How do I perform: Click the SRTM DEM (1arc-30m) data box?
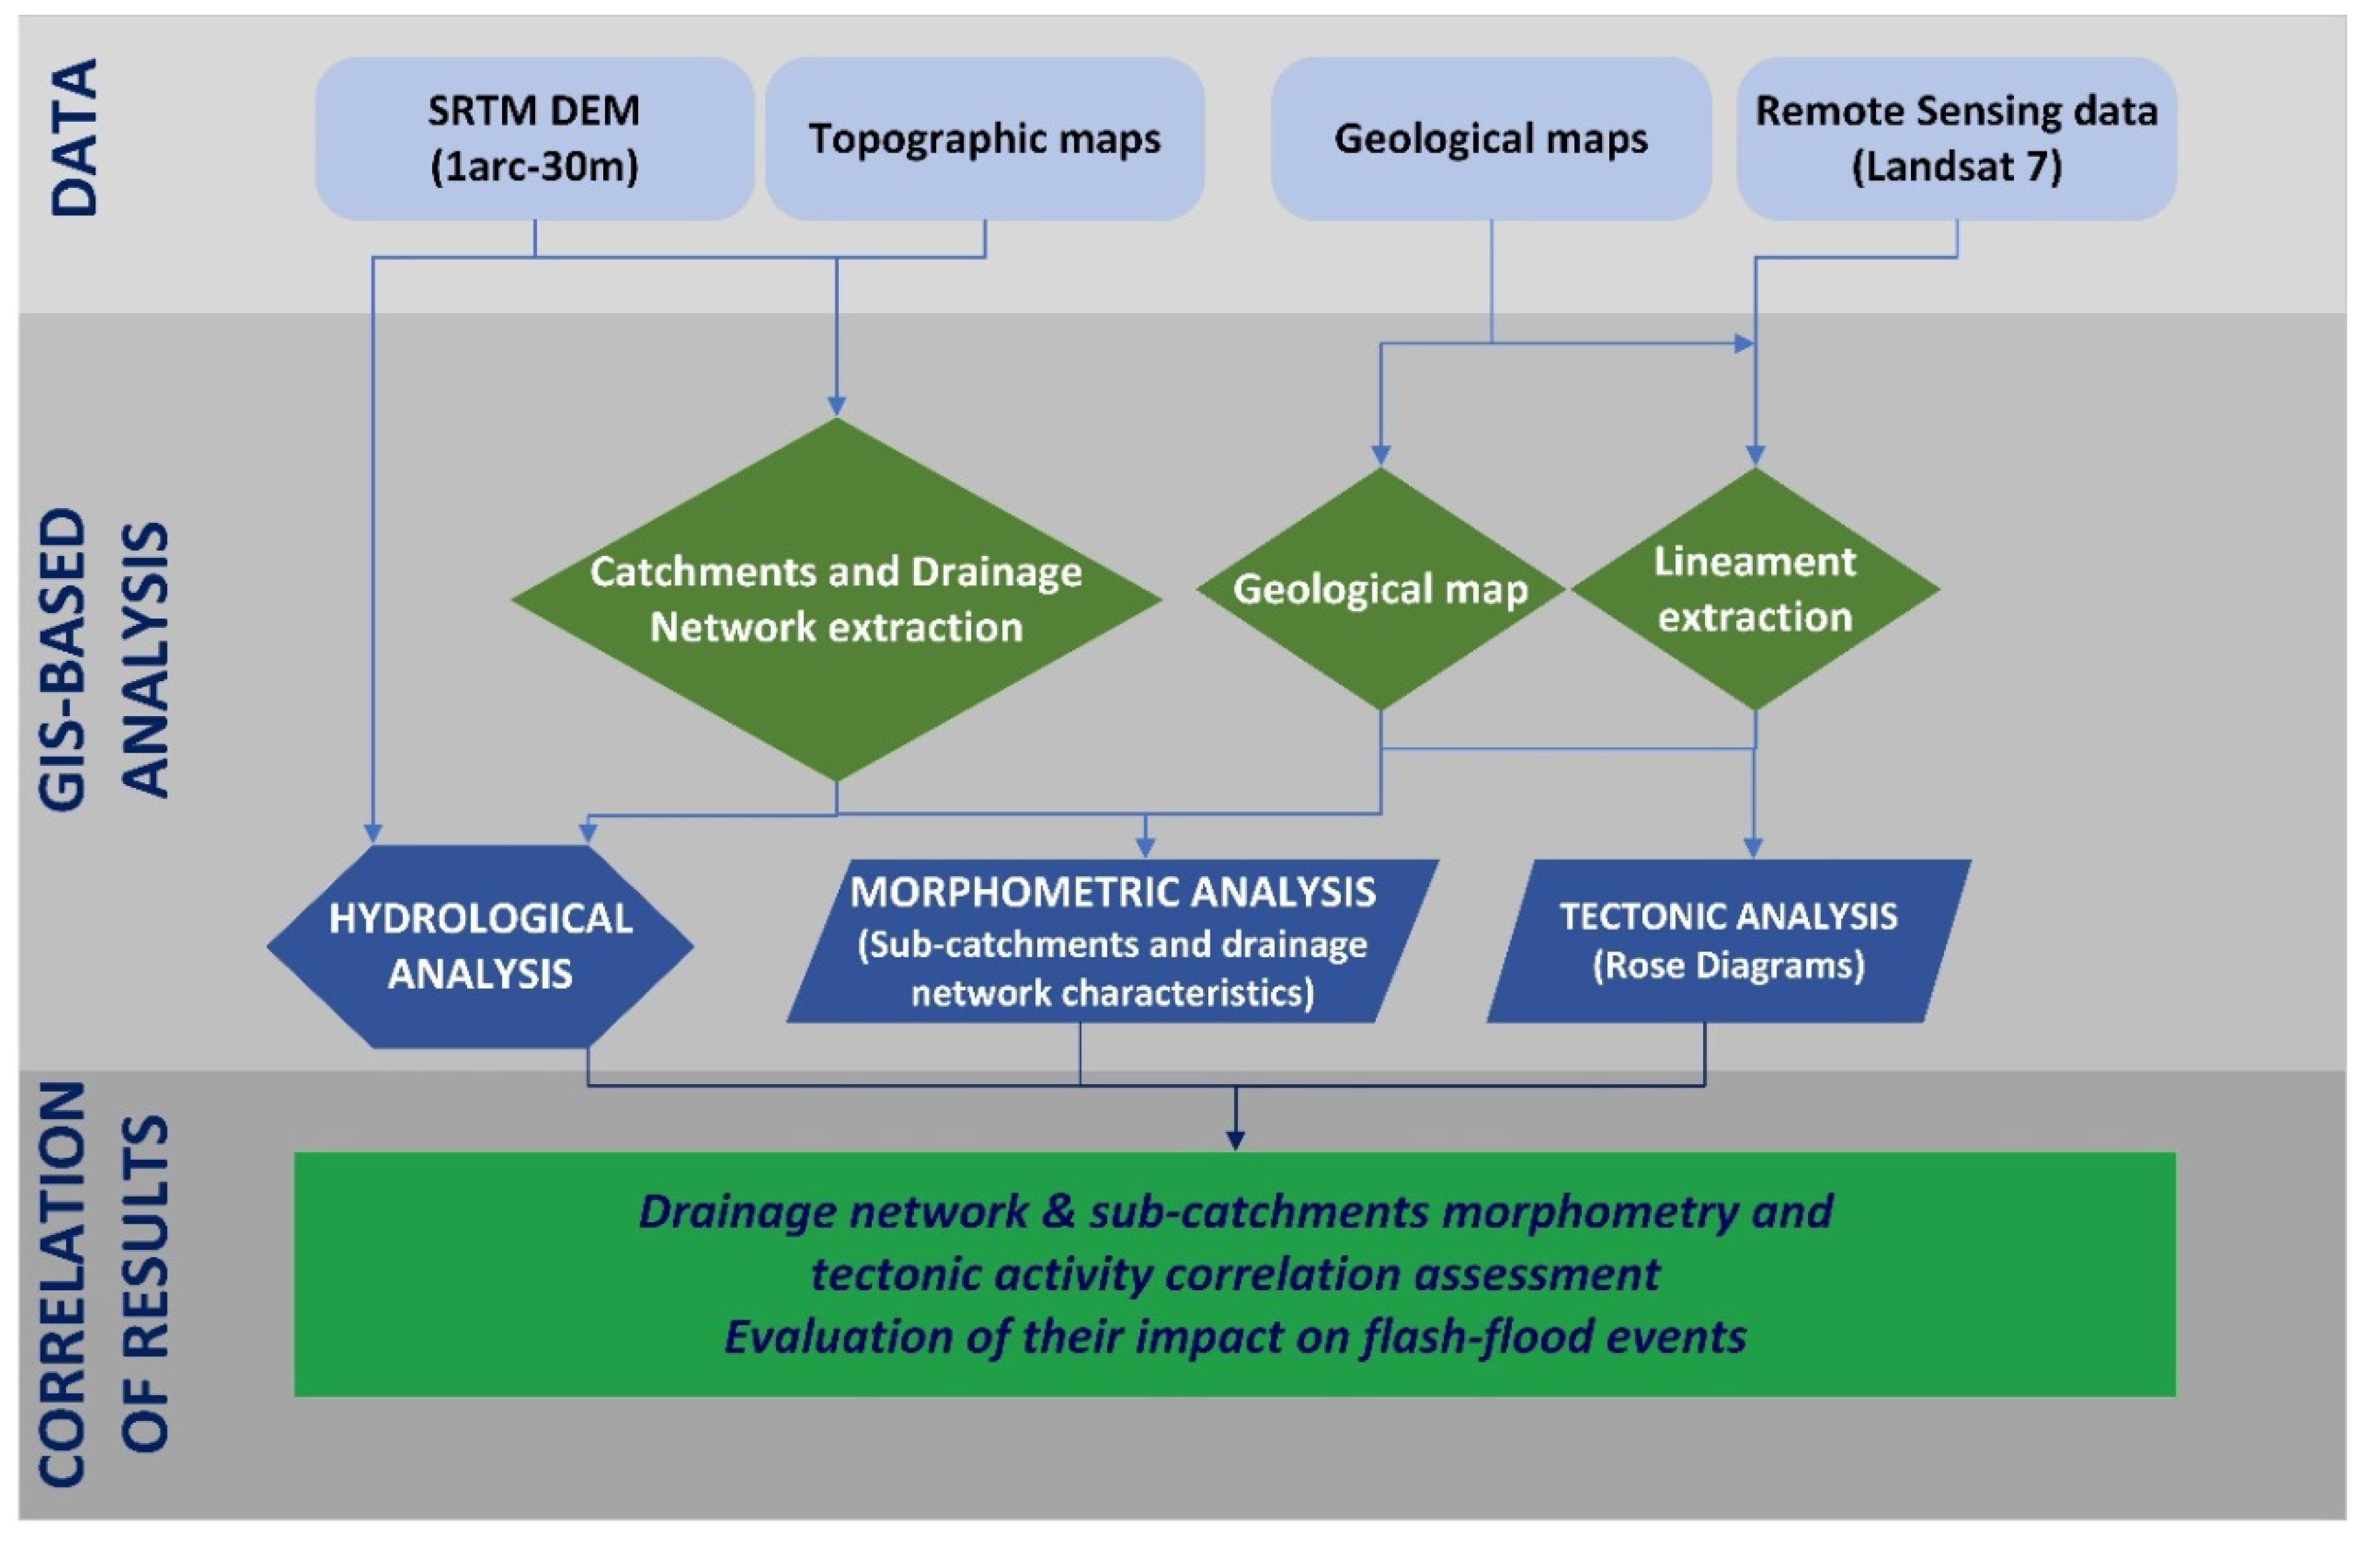coord(534,138)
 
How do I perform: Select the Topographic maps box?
coord(984,138)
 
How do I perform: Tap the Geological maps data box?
coord(1490,138)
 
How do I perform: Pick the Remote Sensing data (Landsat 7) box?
coord(1956,138)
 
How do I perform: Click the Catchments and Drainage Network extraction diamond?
coord(836,599)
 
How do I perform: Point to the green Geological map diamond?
coord(1380,589)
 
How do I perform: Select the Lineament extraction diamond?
coord(1754,589)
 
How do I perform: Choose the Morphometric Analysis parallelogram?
coord(1113,941)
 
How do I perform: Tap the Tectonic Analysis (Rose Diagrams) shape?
coord(1729,940)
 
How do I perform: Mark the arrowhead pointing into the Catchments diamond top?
coord(836,405)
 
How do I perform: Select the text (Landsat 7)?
coord(1956,166)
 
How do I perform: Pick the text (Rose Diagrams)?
coord(1729,965)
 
